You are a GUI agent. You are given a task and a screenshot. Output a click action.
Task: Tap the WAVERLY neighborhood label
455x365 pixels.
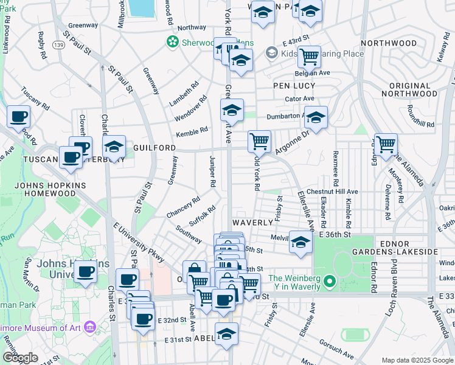(x=251, y=222)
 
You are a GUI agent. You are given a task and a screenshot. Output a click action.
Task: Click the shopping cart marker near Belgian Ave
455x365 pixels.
(x=309, y=57)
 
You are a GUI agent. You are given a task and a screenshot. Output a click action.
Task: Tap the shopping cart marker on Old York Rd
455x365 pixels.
(x=259, y=141)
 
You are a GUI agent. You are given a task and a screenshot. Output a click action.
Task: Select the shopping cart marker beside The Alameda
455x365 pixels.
(x=386, y=145)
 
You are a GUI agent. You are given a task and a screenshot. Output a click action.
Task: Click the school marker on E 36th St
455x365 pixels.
(x=300, y=242)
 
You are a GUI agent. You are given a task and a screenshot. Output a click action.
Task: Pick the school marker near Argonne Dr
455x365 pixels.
(x=316, y=117)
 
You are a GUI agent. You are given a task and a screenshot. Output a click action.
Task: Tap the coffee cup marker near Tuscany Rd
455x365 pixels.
(x=18, y=116)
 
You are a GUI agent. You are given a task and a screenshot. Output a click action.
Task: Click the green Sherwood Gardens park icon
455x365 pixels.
(x=173, y=42)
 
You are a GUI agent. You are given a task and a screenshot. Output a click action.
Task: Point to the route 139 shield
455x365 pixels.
(x=58, y=45)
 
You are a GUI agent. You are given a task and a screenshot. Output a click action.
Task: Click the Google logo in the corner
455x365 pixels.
(x=20, y=358)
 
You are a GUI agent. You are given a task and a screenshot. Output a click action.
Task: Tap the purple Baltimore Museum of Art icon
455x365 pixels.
(x=91, y=328)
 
